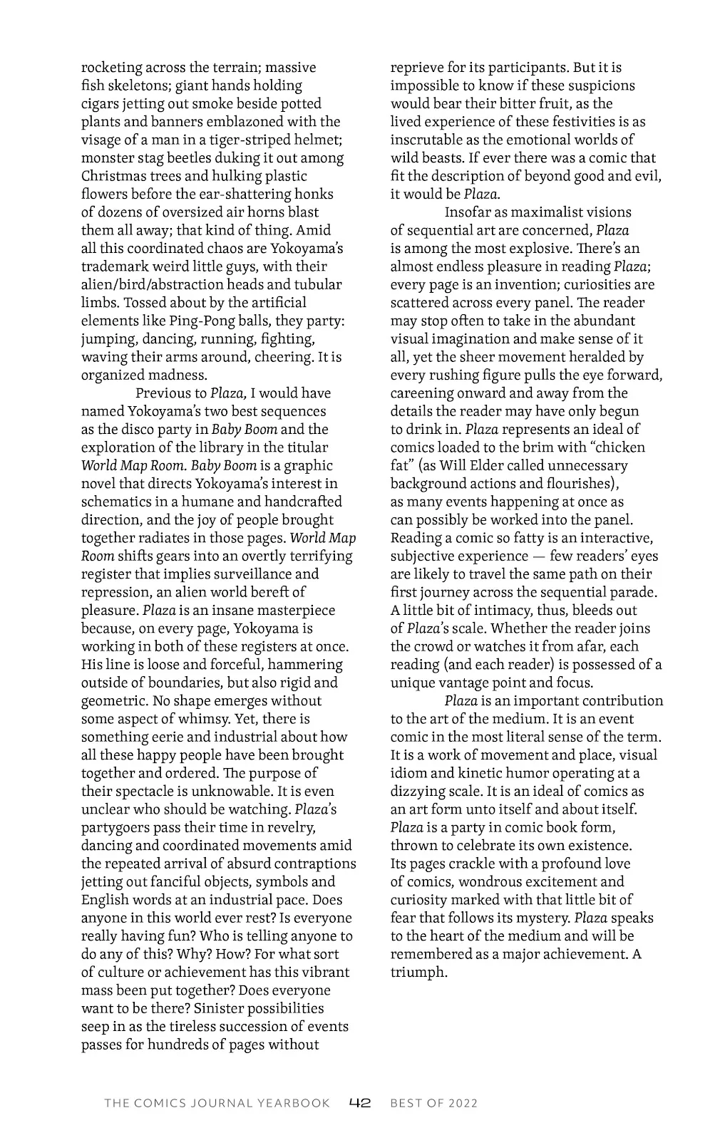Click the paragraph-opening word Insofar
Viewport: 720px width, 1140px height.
click(x=468, y=212)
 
